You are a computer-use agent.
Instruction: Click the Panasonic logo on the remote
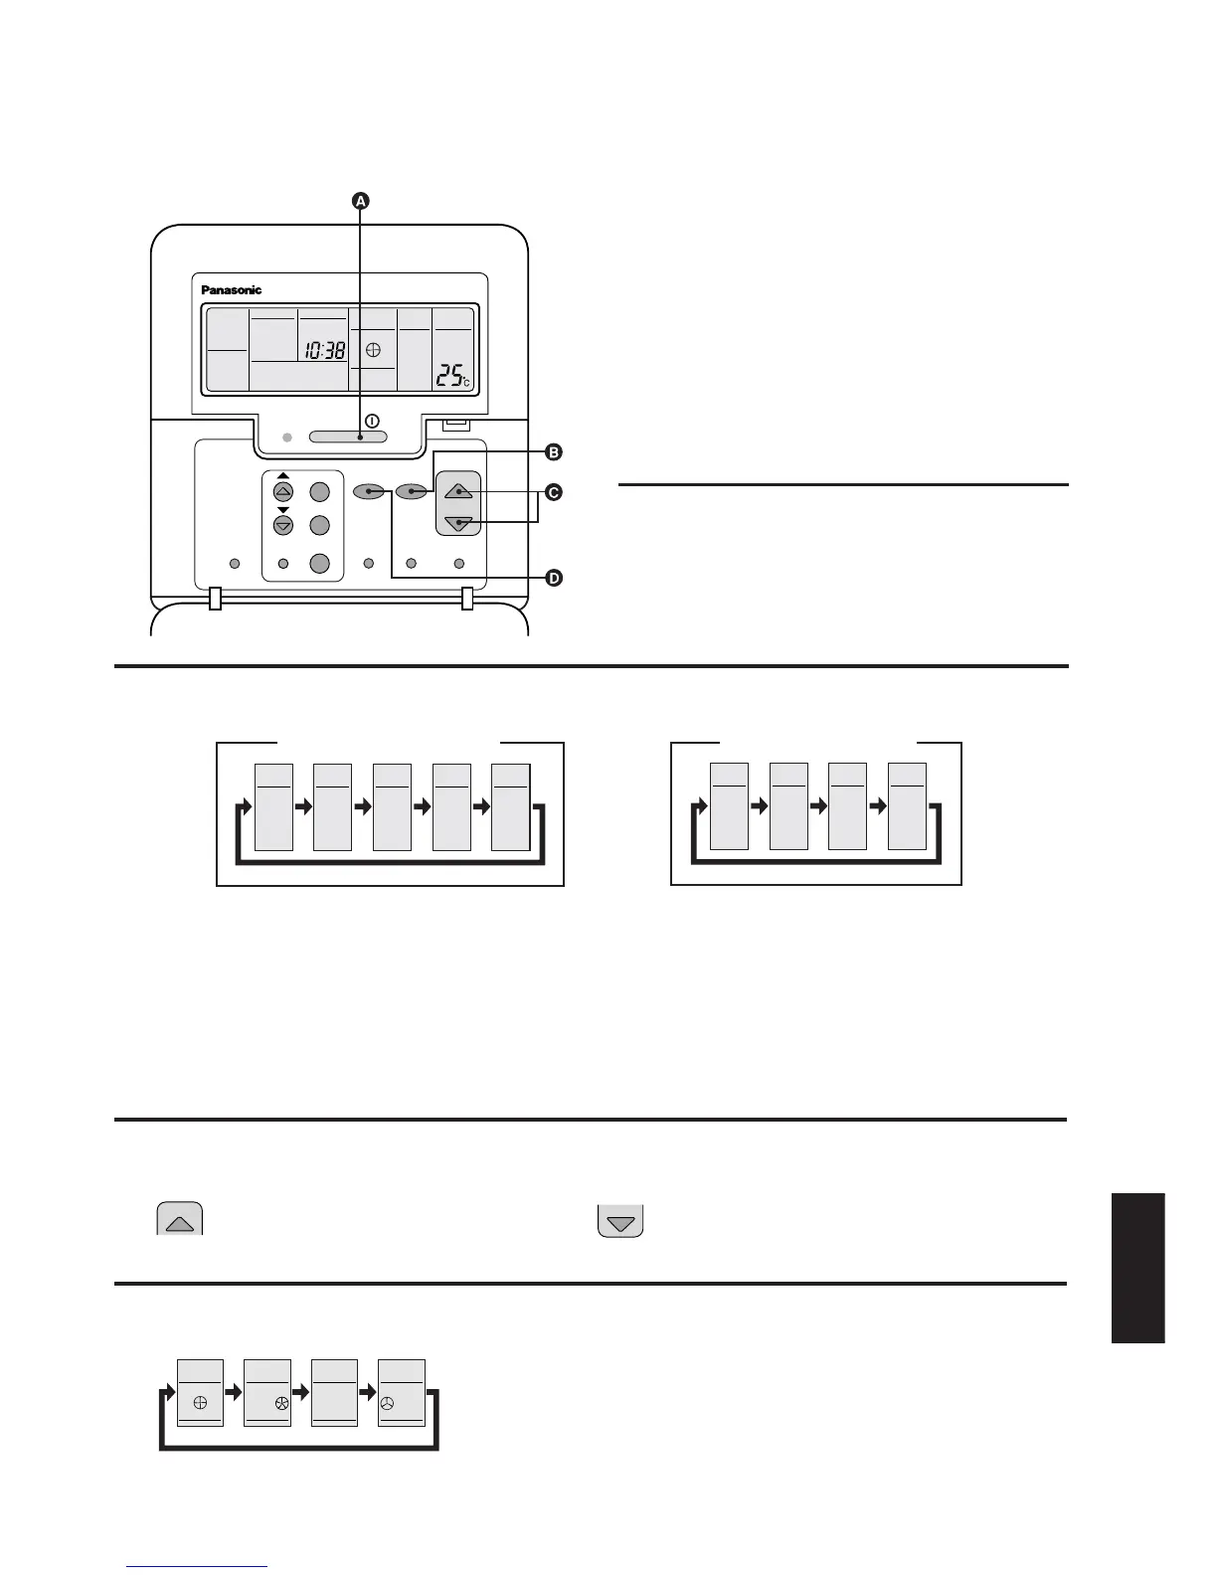(232, 290)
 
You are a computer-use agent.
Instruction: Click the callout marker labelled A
(361, 201)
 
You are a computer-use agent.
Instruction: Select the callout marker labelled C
(554, 492)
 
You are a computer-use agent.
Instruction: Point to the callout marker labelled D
(554, 578)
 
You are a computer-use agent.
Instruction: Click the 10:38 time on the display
(325, 350)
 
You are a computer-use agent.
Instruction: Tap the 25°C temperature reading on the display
(453, 376)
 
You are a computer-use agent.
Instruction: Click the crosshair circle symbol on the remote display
(373, 350)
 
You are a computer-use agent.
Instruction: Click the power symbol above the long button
(372, 421)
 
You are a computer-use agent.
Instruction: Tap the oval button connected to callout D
(368, 491)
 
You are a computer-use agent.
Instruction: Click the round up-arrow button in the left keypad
(283, 492)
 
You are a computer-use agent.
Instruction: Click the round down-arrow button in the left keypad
(283, 525)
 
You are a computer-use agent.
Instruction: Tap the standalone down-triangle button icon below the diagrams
(620, 1221)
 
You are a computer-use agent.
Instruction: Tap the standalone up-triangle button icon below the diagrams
(180, 1220)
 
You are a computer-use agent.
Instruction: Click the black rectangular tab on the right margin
(1137, 1268)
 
